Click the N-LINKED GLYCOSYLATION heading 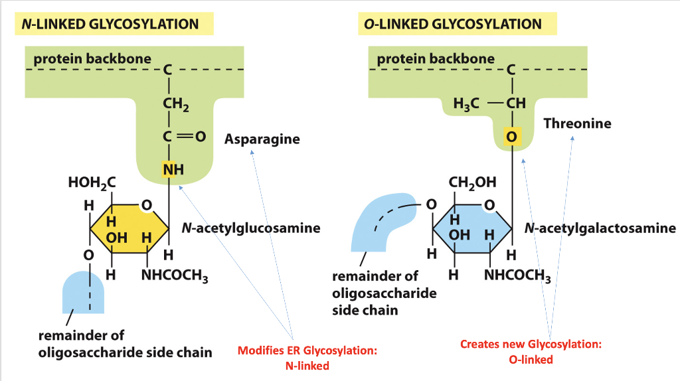110,25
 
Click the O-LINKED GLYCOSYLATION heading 452,25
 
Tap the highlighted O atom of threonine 511,137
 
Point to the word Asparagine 262,139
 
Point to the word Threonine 576,123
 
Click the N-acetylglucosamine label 250,228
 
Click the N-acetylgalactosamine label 599,228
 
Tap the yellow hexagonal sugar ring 129,229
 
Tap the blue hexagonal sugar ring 472,229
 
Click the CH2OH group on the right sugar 472,183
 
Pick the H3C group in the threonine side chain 466,104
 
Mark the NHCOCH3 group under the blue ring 517,276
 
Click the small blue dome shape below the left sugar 83,292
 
